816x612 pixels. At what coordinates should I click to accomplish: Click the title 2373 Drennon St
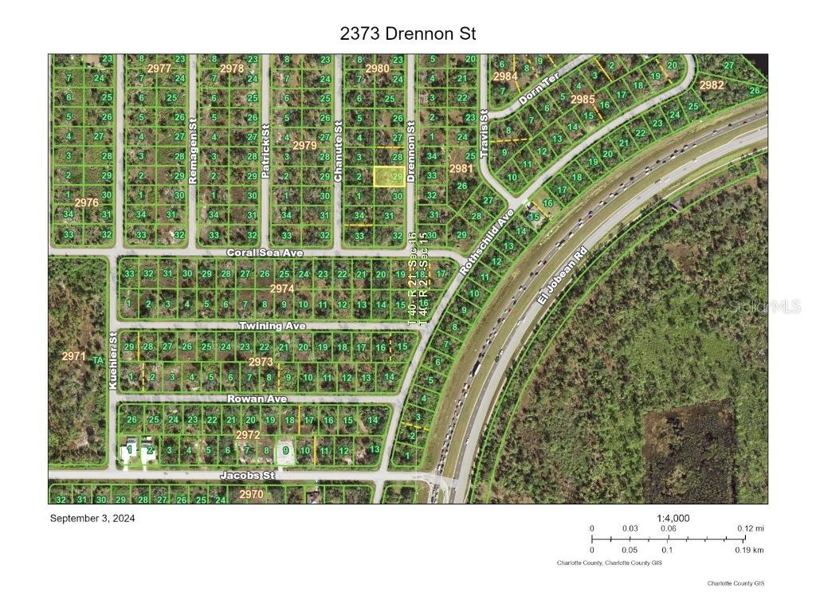tap(408, 33)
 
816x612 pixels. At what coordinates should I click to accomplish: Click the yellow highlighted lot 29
tap(388, 176)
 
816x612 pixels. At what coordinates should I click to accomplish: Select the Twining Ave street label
tap(273, 327)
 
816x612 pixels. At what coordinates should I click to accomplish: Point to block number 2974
tap(282, 288)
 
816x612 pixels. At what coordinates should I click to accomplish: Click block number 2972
tap(248, 435)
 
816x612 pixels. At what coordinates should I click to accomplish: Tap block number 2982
tap(711, 85)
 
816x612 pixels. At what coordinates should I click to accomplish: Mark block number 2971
tap(73, 356)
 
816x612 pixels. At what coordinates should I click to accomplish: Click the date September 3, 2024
tap(92, 518)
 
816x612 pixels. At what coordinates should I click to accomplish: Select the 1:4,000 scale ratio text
tap(673, 518)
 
